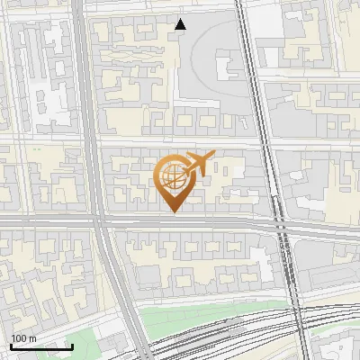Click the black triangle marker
click(x=181, y=24)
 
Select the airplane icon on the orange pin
click(x=201, y=163)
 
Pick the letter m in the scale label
click(x=32, y=338)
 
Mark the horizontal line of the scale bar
click(x=40, y=346)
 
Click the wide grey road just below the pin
click(x=180, y=222)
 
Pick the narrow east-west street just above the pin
click(x=180, y=143)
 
